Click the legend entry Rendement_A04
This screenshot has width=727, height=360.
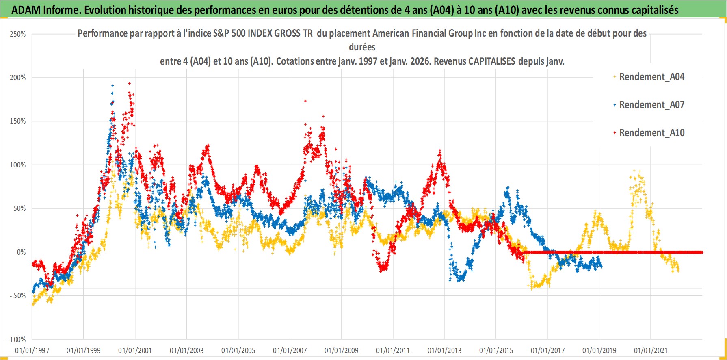click(651, 77)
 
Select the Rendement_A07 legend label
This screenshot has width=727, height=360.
click(651, 105)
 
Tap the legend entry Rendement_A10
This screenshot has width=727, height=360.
click(651, 133)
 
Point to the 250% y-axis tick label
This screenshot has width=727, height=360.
click(18, 34)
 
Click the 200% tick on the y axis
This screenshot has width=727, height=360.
click(18, 78)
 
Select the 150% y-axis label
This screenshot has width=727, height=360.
click(18, 121)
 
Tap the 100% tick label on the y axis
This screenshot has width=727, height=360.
click(18, 165)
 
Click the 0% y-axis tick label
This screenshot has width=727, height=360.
click(21, 252)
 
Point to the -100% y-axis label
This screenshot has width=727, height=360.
click(16, 340)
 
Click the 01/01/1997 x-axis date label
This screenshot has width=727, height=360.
click(32, 350)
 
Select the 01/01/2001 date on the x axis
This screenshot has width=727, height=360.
click(135, 350)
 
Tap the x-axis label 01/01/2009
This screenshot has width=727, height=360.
click(342, 350)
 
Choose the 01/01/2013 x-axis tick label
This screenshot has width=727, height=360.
click(445, 350)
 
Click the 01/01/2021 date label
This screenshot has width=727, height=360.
click(651, 350)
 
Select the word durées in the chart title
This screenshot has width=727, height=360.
click(362, 47)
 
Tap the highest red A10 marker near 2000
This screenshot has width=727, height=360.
click(129, 83)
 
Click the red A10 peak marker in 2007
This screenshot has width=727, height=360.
click(305, 101)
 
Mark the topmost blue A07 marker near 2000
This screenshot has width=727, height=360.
click(113, 85)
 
